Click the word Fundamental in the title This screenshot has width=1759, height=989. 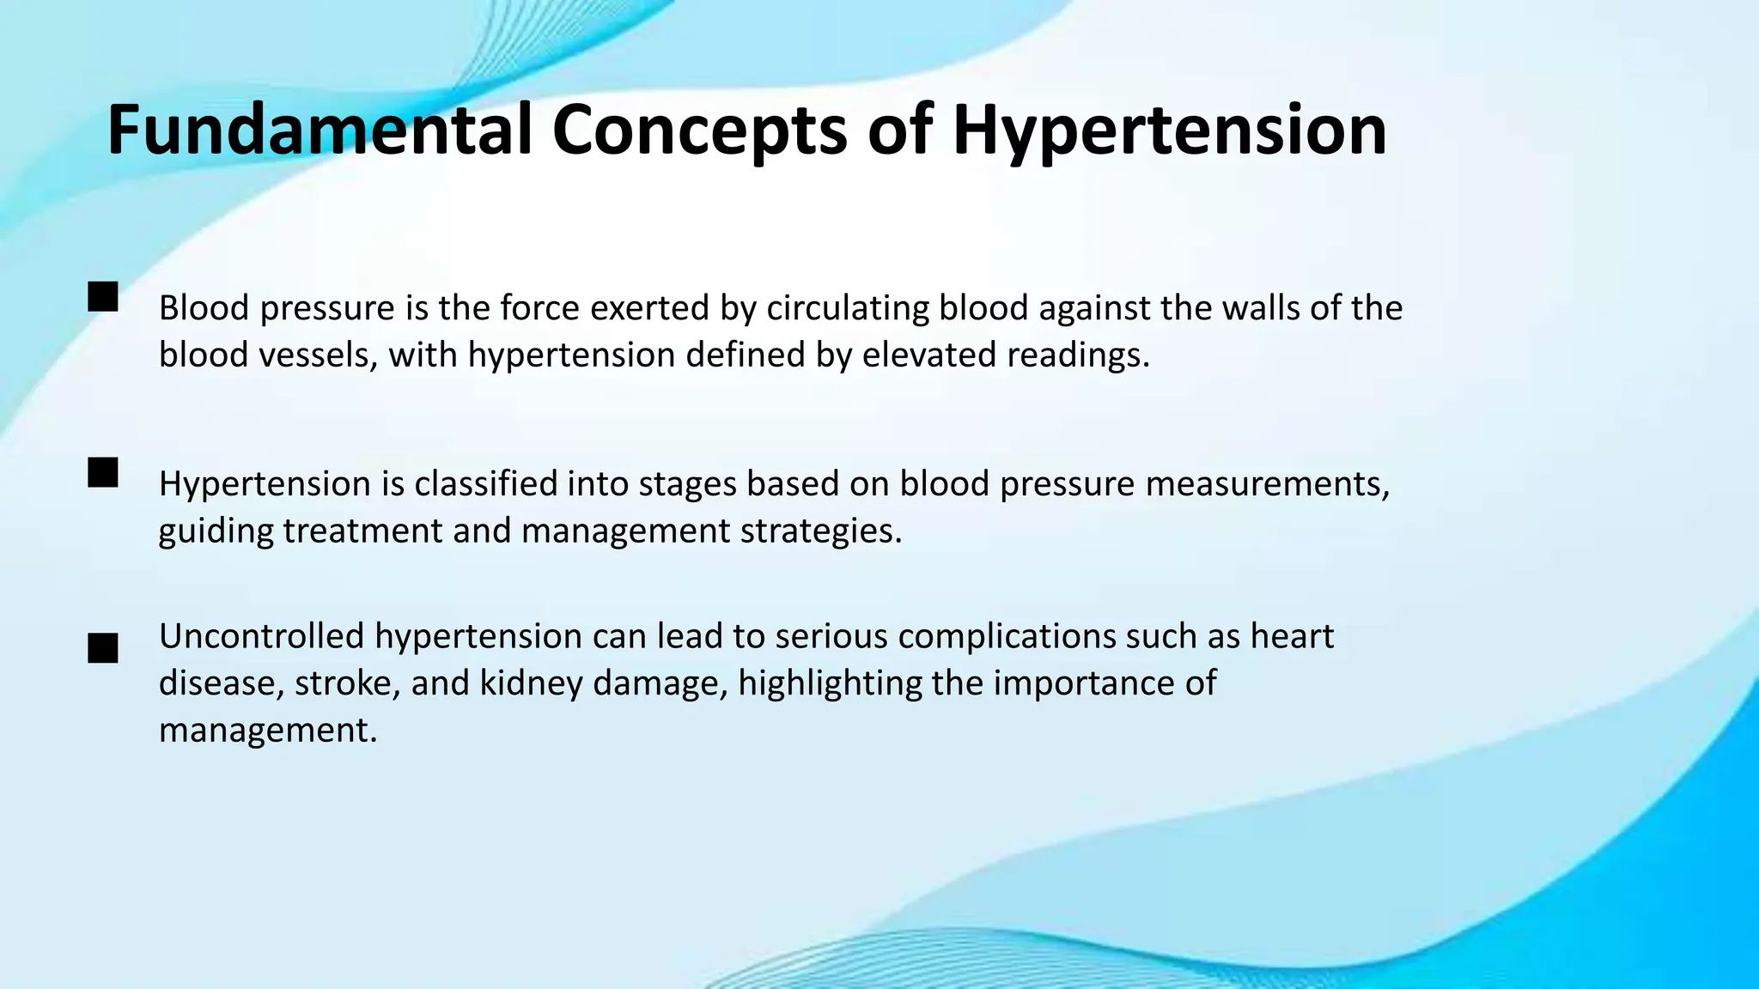pyautogui.click(x=320, y=130)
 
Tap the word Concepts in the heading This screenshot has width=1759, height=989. pyautogui.click(x=698, y=130)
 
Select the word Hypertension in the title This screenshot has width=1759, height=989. pyautogui.click(x=1169, y=130)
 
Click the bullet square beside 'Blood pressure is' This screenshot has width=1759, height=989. pyautogui.click(x=103, y=297)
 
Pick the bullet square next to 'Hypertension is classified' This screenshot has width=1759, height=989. pyautogui.click(x=103, y=473)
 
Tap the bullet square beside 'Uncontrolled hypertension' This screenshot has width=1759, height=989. pyautogui.click(x=103, y=648)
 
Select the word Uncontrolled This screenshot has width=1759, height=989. pyautogui.click(x=262, y=636)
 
